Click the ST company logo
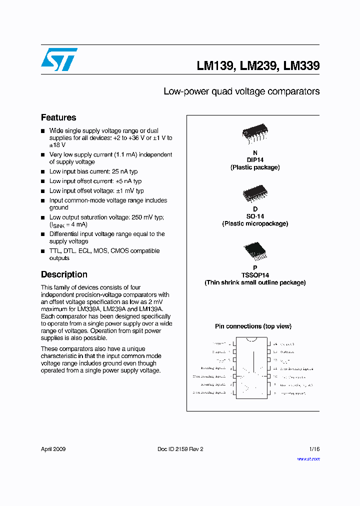pos(59,59)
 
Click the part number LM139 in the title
pos(214,65)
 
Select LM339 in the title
pos(301,65)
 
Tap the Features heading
pos(58,117)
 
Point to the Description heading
pos(64,274)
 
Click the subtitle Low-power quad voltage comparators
pos(241,91)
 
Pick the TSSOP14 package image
pos(254,253)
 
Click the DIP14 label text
pos(255,160)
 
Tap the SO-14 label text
pos(255,216)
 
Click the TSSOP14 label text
pos(255,275)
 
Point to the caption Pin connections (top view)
pos(253,326)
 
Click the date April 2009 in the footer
pos(53,449)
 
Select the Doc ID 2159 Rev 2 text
pos(180,449)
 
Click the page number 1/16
pos(314,449)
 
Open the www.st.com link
pos(308,458)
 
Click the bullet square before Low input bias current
pos(43,172)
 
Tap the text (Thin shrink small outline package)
pos(255,282)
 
